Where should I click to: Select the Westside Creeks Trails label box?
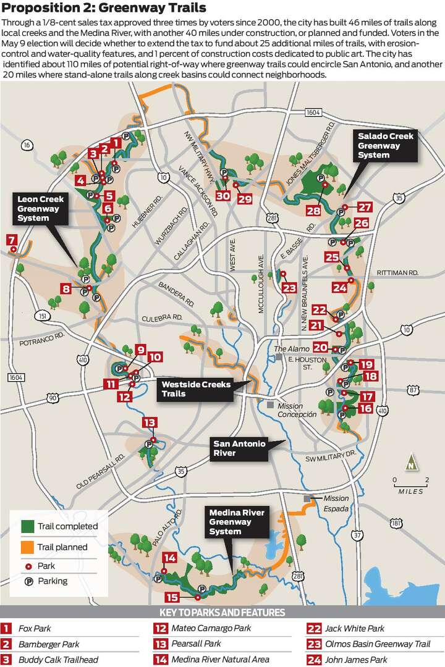[195, 389]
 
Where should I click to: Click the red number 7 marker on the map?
[11, 240]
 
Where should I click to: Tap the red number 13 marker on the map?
[150, 422]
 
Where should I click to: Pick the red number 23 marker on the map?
[289, 288]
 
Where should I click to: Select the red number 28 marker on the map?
[313, 211]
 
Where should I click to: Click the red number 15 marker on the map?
[172, 597]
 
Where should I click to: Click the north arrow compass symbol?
[410, 463]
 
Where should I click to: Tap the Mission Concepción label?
[297, 410]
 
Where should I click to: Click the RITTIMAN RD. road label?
[398, 272]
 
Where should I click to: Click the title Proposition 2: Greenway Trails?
[104, 8]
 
